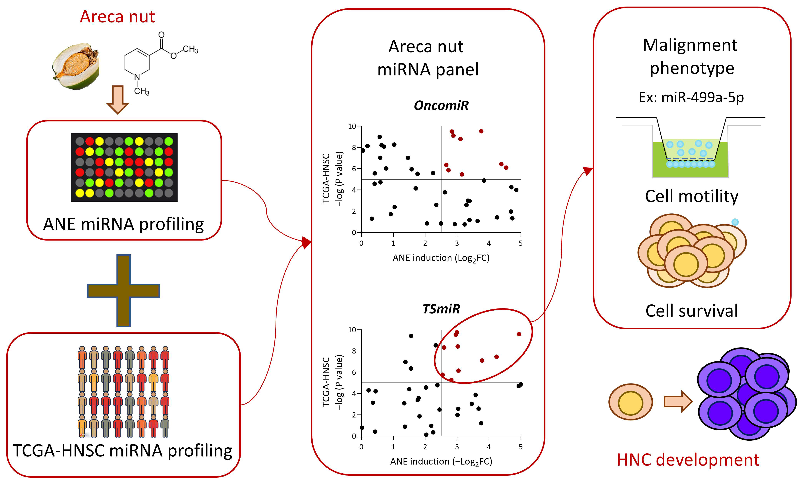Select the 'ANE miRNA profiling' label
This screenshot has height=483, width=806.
(x=123, y=224)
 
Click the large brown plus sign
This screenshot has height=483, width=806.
(x=123, y=291)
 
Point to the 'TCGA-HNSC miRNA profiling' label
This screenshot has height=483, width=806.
(x=123, y=451)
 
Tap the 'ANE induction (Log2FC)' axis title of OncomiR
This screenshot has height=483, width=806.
(x=441, y=258)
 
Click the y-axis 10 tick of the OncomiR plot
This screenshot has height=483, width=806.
(x=352, y=126)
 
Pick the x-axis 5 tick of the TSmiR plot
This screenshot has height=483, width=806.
(x=520, y=447)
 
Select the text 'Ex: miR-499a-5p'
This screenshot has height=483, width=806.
(x=691, y=97)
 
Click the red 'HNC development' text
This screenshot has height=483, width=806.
(x=688, y=460)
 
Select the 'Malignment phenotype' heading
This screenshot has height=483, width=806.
(x=690, y=56)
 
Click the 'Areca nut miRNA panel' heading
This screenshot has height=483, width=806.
(x=427, y=58)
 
